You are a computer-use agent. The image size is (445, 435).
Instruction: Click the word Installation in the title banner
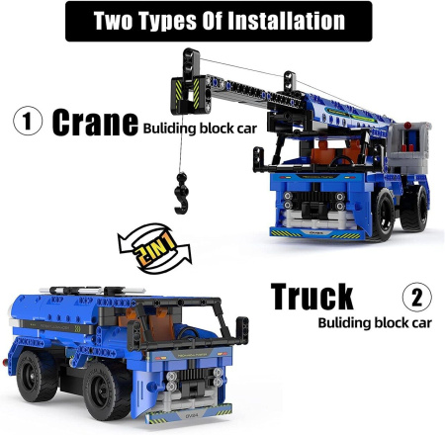[286, 21]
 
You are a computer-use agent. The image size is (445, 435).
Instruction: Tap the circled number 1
[28, 121]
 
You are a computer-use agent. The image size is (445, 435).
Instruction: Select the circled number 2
[417, 297]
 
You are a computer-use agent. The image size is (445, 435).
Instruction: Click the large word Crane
[95, 123]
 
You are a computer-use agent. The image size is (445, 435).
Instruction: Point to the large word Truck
[311, 297]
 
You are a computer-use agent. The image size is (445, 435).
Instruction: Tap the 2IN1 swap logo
[154, 248]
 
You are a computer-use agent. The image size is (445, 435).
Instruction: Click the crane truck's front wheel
[383, 215]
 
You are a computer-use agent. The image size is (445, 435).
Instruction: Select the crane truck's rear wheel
[414, 209]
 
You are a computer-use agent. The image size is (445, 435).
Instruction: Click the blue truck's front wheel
[104, 391]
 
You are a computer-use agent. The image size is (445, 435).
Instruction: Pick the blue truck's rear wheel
[36, 377]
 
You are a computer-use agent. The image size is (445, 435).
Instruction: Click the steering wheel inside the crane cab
[341, 160]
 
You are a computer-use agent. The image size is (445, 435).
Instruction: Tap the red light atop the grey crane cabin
[407, 126]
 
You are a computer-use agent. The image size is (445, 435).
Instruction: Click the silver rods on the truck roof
[92, 291]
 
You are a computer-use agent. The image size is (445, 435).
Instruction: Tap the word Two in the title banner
[113, 21]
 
